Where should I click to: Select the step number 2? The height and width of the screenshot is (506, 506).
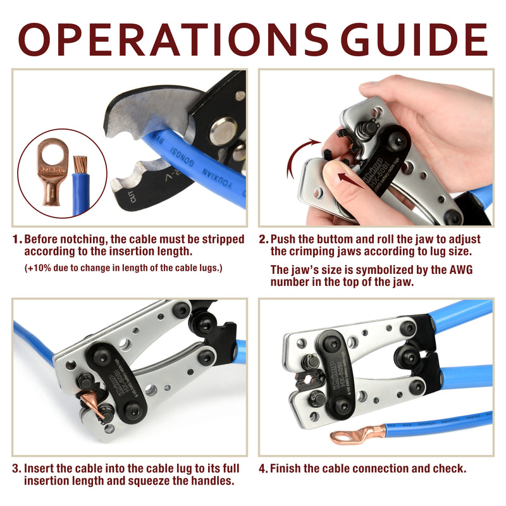[263, 240]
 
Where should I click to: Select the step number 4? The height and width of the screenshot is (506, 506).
[263, 469]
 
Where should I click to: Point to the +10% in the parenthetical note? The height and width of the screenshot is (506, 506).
[39, 268]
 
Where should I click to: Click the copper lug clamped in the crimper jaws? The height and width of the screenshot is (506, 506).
[92, 405]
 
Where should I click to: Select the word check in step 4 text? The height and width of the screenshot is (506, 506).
[449, 469]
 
